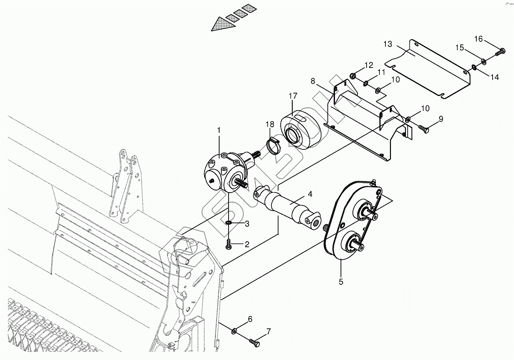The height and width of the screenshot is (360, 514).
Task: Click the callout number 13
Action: [388, 44]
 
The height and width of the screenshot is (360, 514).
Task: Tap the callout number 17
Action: [293, 96]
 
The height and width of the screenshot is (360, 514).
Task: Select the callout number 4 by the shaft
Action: [310, 194]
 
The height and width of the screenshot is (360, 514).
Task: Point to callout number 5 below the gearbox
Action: [341, 281]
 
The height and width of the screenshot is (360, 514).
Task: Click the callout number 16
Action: [479, 39]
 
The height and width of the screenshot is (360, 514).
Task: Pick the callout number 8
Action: [313, 80]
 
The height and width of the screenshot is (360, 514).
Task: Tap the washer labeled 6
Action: [235, 331]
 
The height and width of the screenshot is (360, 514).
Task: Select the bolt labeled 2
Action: [229, 245]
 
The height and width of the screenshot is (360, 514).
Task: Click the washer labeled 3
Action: [229, 222]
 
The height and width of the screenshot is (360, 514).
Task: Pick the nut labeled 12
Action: [353, 76]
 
